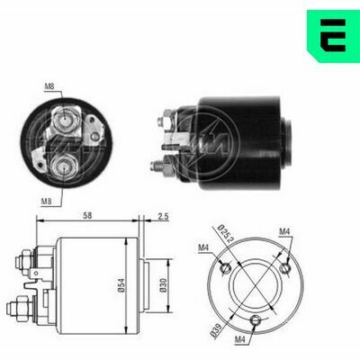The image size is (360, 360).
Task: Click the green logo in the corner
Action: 334,35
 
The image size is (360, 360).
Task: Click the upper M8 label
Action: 49,87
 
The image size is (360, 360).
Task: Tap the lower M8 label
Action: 46,202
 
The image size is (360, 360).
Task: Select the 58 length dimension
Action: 87,215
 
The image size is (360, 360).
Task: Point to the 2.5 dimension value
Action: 163,216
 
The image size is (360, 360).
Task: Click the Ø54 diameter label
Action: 121,285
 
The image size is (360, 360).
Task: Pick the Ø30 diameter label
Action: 163,285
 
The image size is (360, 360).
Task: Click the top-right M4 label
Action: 284,231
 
